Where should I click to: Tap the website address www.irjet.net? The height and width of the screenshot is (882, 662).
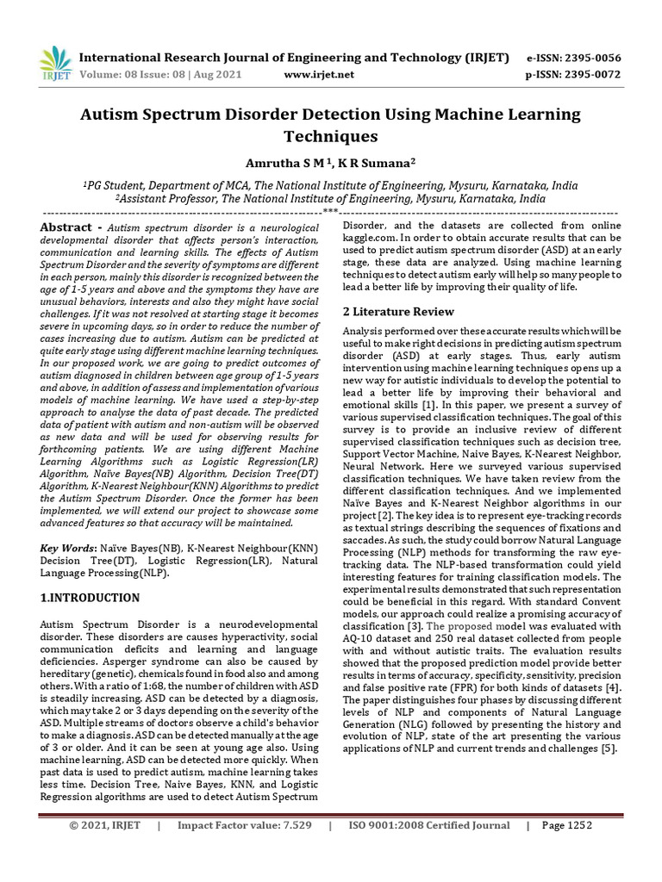(319, 74)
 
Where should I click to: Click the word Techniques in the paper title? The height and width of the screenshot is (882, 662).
(331, 136)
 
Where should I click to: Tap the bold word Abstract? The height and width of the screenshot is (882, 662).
(66, 227)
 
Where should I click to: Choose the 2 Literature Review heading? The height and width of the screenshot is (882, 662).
(399, 311)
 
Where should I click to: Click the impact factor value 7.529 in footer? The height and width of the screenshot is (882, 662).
(292, 849)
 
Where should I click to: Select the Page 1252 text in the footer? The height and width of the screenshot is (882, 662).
(566, 849)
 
